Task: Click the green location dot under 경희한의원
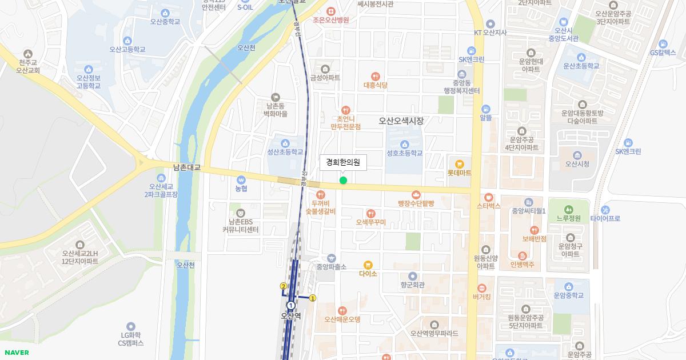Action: coord(343,181)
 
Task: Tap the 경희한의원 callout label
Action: coord(343,162)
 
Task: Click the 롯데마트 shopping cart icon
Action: coord(459,163)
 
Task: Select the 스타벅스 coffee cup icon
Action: coord(488,197)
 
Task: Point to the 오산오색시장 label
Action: coord(402,121)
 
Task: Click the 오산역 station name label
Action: coord(290,315)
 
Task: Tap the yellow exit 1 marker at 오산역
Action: coord(313,298)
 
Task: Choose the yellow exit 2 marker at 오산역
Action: coord(283,286)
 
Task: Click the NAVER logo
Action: coord(16,353)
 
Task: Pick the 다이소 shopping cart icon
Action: coord(368,265)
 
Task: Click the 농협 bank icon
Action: coord(241,179)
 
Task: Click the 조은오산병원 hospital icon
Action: coord(330,11)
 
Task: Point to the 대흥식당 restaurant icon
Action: coord(375,76)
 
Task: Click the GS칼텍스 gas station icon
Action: coord(663,43)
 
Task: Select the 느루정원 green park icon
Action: coord(568,209)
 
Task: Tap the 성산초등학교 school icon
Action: coord(285,143)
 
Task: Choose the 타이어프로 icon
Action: coord(605,210)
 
